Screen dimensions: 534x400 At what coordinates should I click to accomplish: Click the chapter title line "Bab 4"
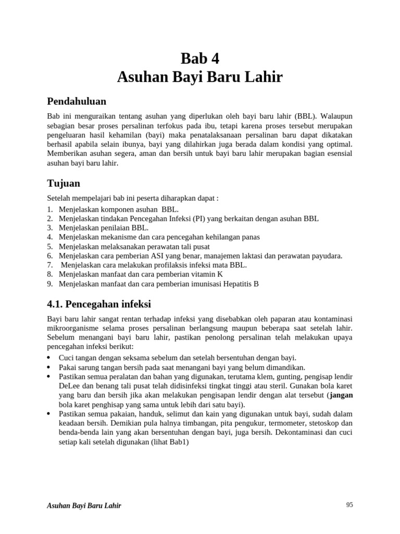click(x=200, y=58)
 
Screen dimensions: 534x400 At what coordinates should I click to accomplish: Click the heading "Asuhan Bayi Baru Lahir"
click(x=200, y=77)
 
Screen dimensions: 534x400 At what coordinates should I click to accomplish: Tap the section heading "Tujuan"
click(x=64, y=184)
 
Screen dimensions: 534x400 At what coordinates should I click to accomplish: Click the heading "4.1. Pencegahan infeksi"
click(x=99, y=304)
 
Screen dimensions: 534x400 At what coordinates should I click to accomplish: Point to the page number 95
click(x=349, y=504)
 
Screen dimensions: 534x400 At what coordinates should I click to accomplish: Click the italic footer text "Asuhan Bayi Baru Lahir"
click(x=84, y=506)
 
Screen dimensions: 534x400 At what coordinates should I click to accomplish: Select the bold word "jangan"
click(x=341, y=395)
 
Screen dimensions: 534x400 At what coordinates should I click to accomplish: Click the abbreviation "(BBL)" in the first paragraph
click(x=304, y=115)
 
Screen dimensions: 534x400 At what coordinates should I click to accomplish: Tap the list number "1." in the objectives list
click(x=50, y=209)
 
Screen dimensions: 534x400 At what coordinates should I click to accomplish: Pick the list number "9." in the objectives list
click(x=50, y=284)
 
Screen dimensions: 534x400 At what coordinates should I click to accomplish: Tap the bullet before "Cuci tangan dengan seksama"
click(x=49, y=358)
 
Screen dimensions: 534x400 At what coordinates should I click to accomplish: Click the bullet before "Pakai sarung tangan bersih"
click(x=49, y=367)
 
